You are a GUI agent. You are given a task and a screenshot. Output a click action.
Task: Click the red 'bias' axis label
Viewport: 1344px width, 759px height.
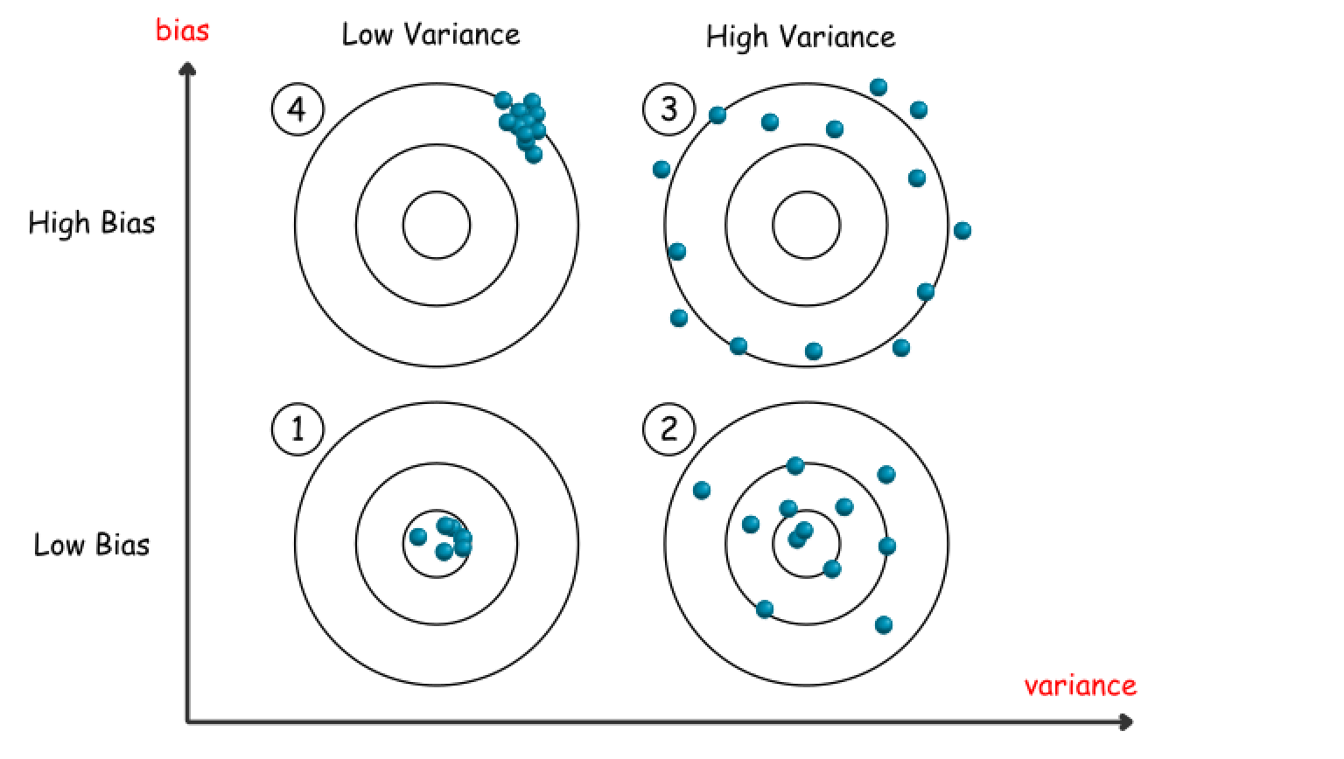point(182,31)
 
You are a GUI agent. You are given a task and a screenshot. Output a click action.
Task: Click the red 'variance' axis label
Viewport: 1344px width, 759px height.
point(1080,685)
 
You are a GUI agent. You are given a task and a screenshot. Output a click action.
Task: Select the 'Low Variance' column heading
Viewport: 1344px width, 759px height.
point(430,35)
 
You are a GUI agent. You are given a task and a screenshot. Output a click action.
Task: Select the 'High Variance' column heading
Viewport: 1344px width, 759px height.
point(801,37)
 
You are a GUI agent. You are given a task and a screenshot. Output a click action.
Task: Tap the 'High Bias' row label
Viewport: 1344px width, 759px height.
point(92,223)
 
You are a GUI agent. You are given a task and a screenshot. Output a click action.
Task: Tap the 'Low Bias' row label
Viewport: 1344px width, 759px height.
point(92,545)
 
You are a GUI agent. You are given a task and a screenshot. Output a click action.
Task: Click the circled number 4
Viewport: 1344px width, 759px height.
point(297,110)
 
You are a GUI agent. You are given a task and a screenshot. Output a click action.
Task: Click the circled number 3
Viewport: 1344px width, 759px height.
point(668,110)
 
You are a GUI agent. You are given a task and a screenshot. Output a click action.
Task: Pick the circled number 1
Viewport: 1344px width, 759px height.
point(297,429)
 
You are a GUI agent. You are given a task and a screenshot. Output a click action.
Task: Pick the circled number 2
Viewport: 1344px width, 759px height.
point(668,429)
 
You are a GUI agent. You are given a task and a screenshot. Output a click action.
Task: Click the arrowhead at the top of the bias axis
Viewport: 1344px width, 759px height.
point(187,68)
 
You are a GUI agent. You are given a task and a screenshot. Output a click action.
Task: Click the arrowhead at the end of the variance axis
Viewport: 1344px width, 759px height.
point(1126,721)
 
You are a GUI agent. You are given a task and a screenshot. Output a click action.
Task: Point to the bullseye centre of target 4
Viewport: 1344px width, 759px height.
point(437,226)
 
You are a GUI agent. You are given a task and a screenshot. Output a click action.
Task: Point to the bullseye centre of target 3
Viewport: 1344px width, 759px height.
point(806,226)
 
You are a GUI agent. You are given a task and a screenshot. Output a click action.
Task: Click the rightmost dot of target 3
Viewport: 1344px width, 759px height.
point(962,231)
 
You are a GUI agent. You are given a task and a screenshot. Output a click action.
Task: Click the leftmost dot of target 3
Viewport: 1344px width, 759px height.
point(661,169)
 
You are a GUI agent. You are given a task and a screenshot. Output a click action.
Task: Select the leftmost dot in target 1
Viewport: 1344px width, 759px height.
point(418,536)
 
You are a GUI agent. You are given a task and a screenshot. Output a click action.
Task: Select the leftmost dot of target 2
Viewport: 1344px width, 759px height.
point(701,491)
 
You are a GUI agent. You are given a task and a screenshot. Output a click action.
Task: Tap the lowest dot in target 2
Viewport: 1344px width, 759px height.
point(884,624)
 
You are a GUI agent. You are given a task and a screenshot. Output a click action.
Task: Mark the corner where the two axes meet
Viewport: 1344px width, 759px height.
point(188,721)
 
